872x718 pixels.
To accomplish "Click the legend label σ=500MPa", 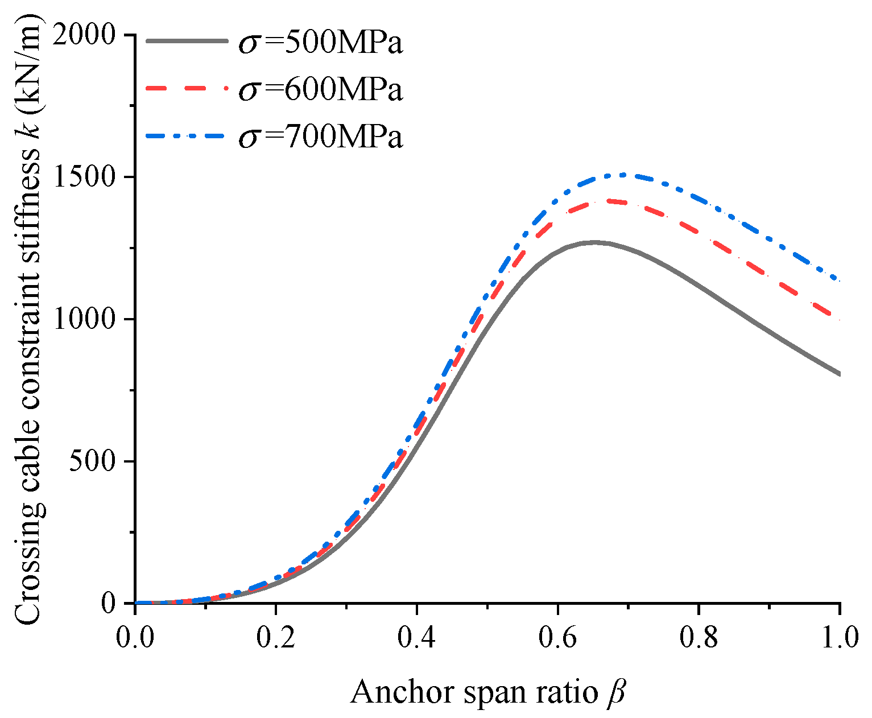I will pos(320,43).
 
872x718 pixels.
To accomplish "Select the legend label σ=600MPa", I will pos(320,90).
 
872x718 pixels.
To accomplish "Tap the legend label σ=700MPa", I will pos(320,137).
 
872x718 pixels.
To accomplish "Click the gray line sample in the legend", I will pos(187,41).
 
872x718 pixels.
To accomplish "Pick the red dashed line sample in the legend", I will pos(187,88).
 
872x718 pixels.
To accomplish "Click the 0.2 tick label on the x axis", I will pos(276,638).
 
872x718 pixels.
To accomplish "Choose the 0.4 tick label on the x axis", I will pos(417,638).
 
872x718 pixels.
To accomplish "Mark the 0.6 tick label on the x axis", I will pos(558,638).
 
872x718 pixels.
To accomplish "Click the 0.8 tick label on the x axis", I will pos(699,638).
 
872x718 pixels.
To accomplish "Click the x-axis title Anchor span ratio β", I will pos(487,692).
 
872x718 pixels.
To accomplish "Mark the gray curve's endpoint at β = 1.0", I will pos(840,374).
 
